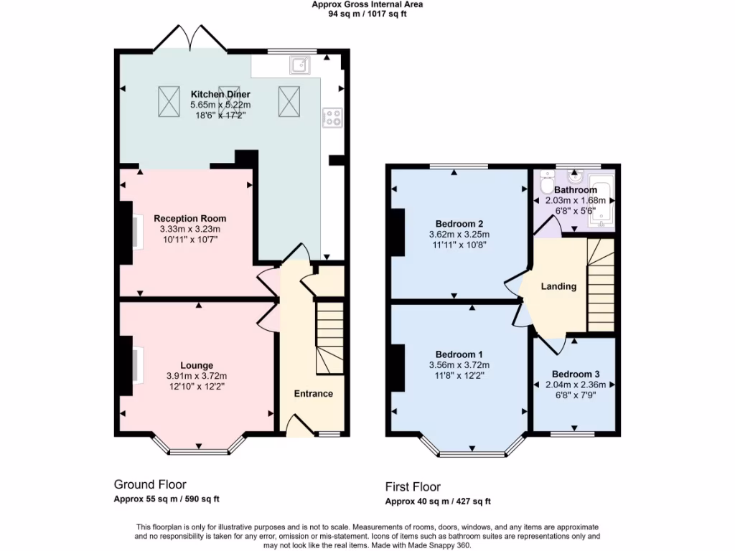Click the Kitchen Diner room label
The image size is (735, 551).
pyautogui.click(x=220, y=94)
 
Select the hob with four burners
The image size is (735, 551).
pyautogui.click(x=333, y=118)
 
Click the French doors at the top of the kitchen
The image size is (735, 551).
pyautogui.click(x=190, y=37)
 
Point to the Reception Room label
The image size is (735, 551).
pyautogui.click(x=189, y=219)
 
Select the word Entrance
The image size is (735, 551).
pyautogui.click(x=314, y=393)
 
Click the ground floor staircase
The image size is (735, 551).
pyautogui.click(x=330, y=337)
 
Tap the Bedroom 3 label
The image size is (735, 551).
pyautogui.click(x=576, y=374)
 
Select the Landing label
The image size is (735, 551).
pyautogui.click(x=558, y=286)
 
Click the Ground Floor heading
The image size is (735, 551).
pyautogui.click(x=150, y=485)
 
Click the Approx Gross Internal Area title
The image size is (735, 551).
pyautogui.click(x=367, y=4)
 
